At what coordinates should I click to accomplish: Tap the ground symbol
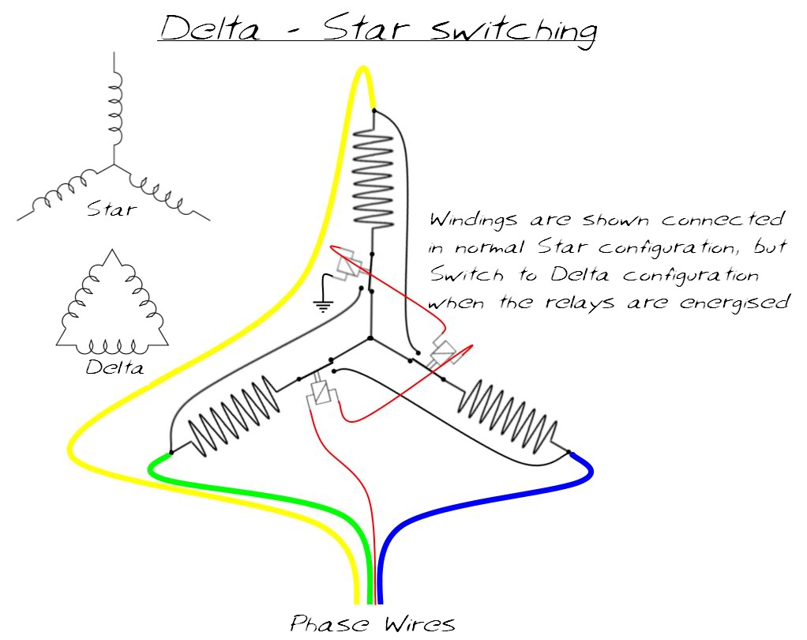click(322, 301)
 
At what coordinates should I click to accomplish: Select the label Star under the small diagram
click(111, 209)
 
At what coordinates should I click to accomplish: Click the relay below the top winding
click(348, 265)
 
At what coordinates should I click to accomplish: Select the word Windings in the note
click(475, 219)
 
